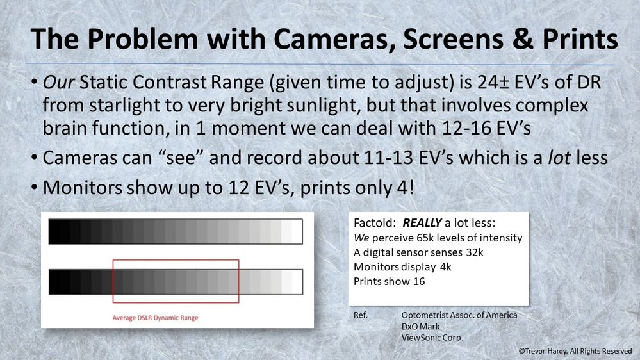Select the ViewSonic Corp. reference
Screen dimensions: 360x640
[x=432, y=338]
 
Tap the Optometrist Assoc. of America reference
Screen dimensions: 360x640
[x=459, y=315]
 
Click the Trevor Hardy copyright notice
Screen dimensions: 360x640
[x=575, y=352]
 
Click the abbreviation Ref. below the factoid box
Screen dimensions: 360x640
[x=361, y=315]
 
